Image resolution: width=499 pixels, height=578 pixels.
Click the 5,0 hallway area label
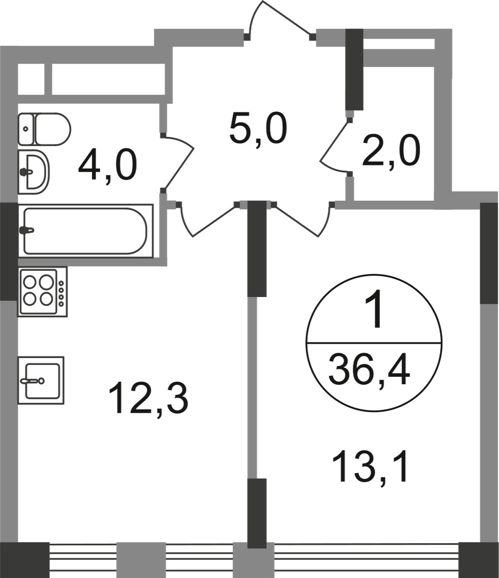point(258,130)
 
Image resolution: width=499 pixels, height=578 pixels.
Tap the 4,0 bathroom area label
point(108,166)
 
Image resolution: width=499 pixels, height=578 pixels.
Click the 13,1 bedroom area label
point(371,467)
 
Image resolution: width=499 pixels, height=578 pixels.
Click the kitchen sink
point(41,380)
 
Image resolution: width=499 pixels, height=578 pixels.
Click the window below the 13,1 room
point(367,558)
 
